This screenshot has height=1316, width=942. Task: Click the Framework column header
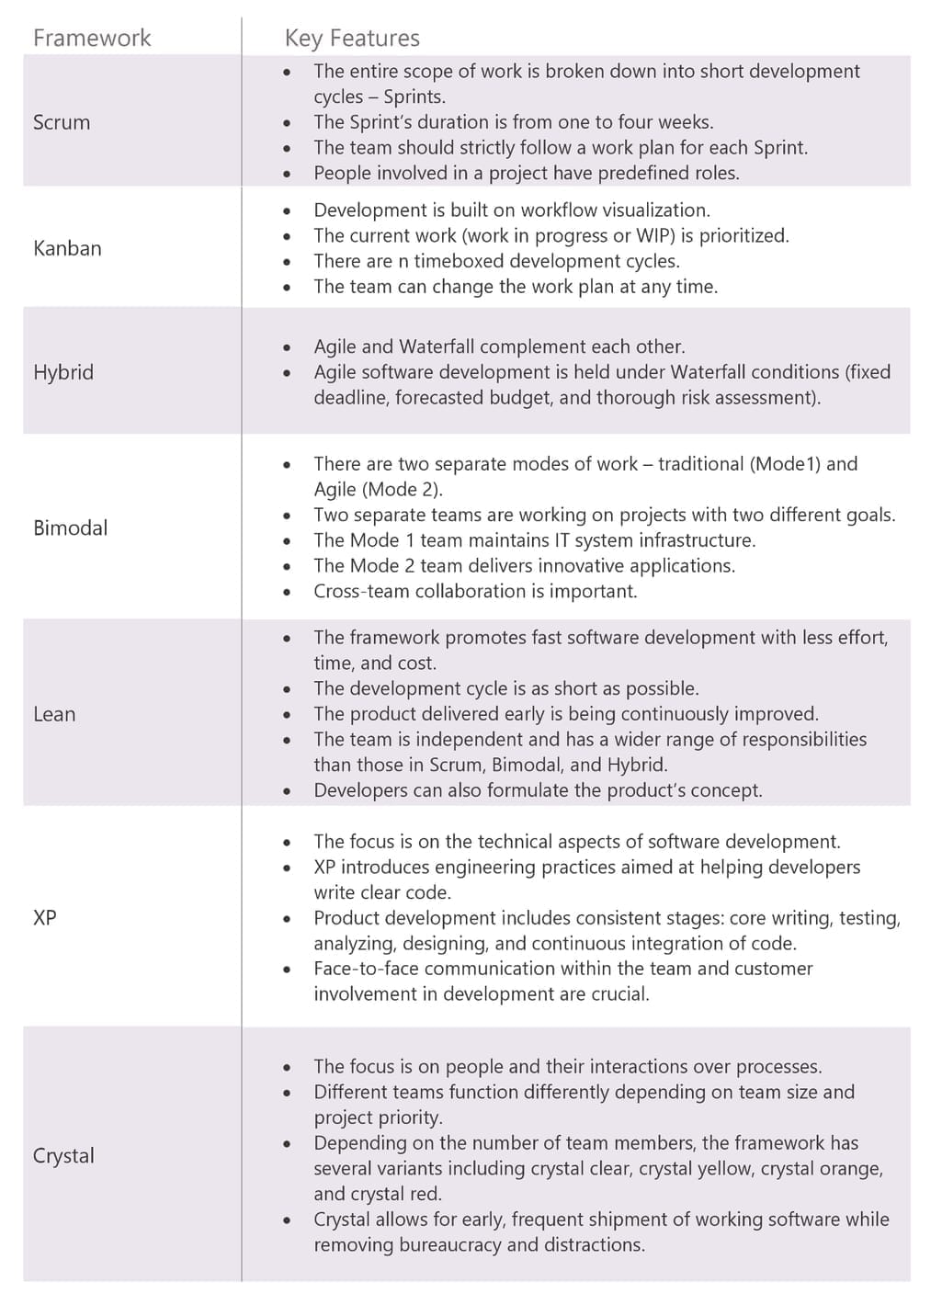tap(92, 38)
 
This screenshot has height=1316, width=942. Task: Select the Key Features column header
tap(352, 38)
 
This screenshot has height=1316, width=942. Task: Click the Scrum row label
tap(62, 122)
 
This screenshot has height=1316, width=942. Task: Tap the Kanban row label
tap(67, 248)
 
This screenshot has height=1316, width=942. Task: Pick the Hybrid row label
tap(63, 372)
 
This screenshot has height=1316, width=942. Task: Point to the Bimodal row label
tap(70, 528)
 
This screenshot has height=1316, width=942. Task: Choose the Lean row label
tap(54, 714)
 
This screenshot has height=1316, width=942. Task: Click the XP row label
tap(45, 917)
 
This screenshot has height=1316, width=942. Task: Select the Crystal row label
tap(63, 1155)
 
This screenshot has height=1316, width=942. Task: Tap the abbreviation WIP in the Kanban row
tap(654, 235)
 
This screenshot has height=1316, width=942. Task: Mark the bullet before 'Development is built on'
tap(288, 210)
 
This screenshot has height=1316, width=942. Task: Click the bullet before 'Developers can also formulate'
tap(288, 790)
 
